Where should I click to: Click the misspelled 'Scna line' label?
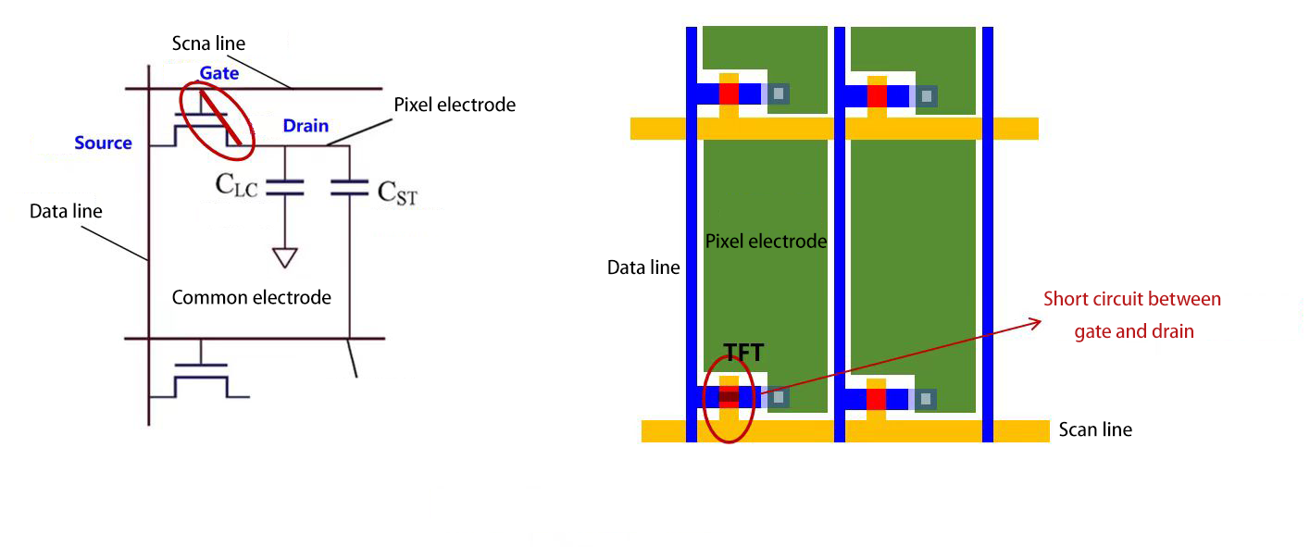coord(208,44)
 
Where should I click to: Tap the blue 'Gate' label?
coord(218,73)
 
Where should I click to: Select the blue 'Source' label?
coord(103,143)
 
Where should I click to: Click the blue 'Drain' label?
coord(306,126)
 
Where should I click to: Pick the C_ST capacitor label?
coord(397,192)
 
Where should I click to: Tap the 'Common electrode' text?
coord(251,297)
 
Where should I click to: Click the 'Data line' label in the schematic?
coord(66,211)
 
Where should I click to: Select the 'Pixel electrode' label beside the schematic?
coord(454,105)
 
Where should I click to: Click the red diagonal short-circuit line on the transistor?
coord(221,116)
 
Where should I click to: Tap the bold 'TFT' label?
coord(743,354)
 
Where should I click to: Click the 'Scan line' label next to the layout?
coord(1095,429)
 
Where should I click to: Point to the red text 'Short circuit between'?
coord(1131,299)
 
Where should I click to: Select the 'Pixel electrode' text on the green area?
coord(765,242)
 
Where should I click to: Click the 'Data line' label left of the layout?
coord(643,267)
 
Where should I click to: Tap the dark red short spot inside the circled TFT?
coord(729,397)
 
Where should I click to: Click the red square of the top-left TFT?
coord(729,93)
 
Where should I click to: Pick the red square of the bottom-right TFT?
coord(877,398)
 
